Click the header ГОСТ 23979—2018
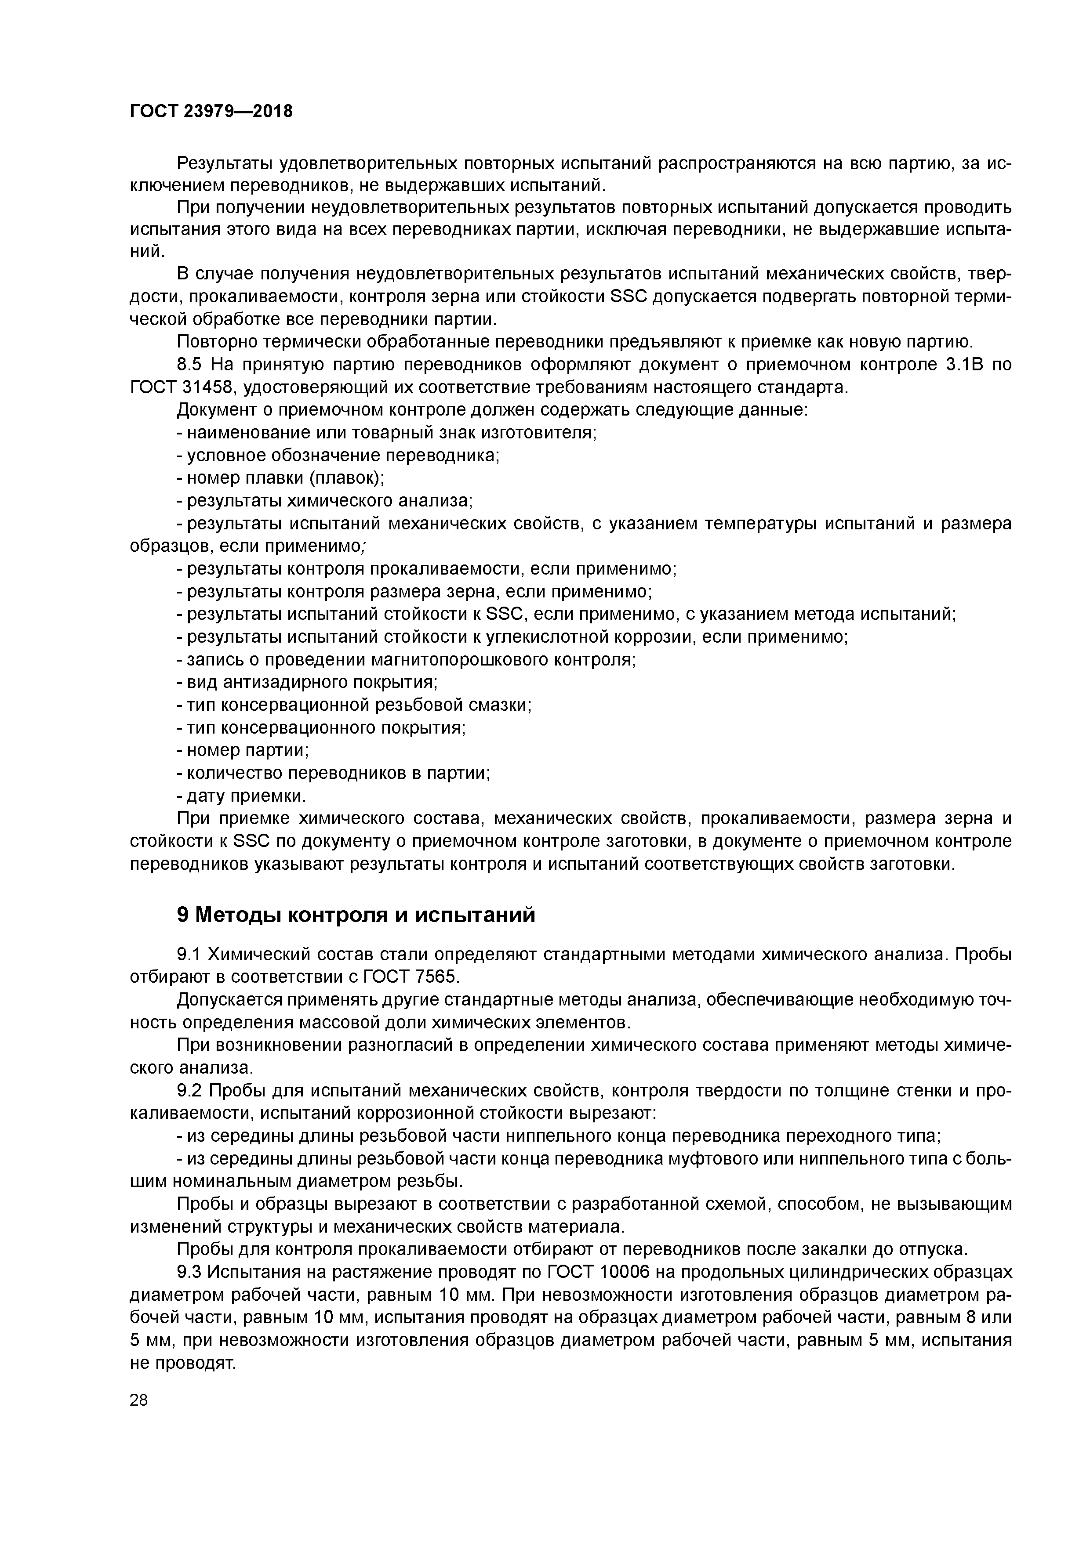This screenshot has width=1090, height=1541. point(211,112)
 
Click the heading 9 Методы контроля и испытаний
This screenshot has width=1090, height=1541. point(356,915)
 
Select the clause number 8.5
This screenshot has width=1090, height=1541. point(190,365)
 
